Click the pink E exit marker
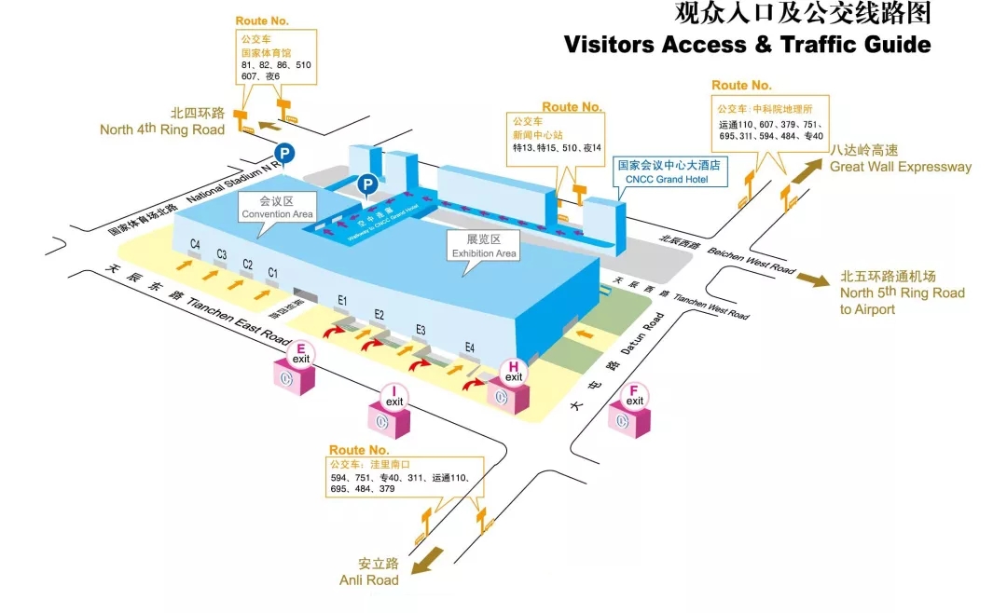(x=301, y=356)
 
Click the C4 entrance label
(x=196, y=245)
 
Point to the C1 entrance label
(x=273, y=272)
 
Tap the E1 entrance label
(x=342, y=300)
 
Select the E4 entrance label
(x=470, y=348)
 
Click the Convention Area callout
(x=277, y=208)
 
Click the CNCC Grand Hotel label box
(x=669, y=171)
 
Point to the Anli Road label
(x=369, y=572)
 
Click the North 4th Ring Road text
(x=163, y=122)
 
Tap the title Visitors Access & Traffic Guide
(x=747, y=44)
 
